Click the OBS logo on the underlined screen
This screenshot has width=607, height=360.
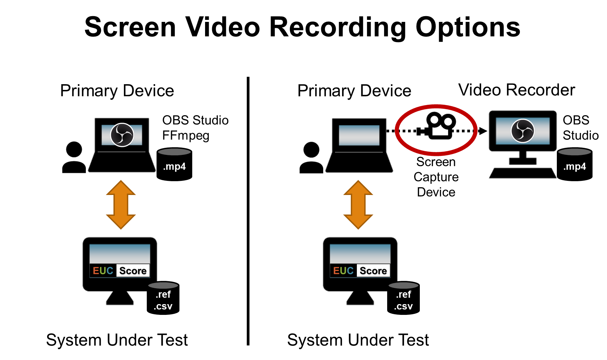[x=122, y=135]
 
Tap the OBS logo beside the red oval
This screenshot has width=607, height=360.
[x=522, y=131]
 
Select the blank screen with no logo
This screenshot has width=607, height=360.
[x=359, y=135]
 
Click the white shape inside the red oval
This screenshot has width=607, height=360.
[x=440, y=131]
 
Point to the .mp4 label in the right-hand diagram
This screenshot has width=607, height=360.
[x=574, y=166]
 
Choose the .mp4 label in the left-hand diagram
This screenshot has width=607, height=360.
[x=174, y=166]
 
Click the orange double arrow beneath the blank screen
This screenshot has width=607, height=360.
[x=358, y=205]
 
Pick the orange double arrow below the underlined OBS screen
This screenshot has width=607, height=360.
[x=121, y=205]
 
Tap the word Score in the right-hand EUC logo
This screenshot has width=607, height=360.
[x=373, y=271]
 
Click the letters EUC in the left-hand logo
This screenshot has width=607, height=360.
[x=103, y=271]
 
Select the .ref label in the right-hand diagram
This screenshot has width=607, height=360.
[x=403, y=294]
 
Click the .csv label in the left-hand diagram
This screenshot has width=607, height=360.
[x=163, y=306]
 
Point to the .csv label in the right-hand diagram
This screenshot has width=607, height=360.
[x=403, y=306]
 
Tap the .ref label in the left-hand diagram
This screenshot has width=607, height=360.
[x=163, y=294]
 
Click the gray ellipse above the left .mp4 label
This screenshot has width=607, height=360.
[x=174, y=152]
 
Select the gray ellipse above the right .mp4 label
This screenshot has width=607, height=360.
[x=574, y=152]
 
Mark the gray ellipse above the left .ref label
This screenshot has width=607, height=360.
[x=163, y=286]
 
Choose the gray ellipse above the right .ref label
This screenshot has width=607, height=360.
[x=403, y=286]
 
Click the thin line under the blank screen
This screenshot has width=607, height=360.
[x=359, y=152]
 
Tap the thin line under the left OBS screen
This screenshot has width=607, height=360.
[x=122, y=152]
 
